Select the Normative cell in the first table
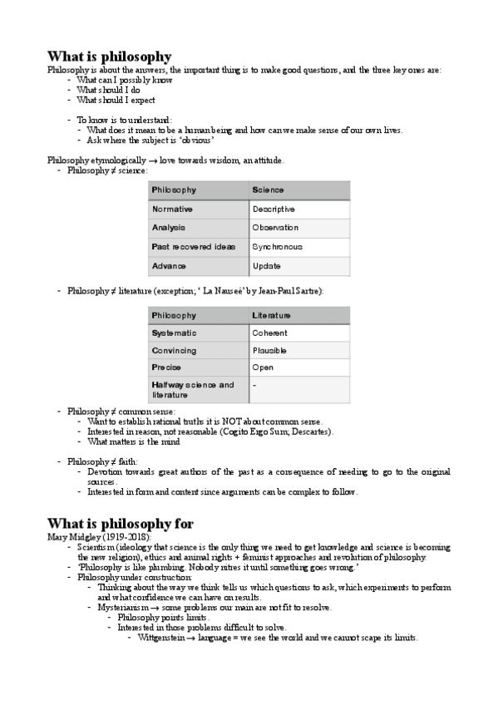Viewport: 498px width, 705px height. tap(173, 209)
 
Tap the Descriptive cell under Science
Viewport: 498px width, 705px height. tap(274, 209)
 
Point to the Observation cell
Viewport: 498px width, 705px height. tap(275, 228)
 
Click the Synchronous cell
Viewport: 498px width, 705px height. tap(277, 247)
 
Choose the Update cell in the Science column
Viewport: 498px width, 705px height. tap(267, 266)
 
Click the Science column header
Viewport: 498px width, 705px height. tap(268, 190)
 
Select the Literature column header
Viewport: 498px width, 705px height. tap(272, 315)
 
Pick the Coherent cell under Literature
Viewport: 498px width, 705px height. tap(270, 333)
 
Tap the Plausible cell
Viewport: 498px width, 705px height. tap(270, 350)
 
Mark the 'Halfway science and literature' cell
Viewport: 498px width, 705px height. tap(193, 390)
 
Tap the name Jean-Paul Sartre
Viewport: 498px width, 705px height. tap(287, 291)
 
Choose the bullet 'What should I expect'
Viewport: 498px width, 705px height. tap(116, 100)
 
